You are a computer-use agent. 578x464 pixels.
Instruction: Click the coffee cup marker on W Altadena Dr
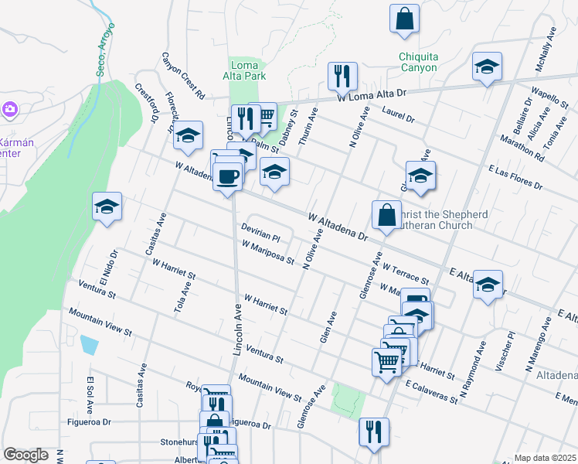point(227,177)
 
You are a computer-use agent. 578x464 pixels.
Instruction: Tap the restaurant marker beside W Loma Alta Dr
point(341,77)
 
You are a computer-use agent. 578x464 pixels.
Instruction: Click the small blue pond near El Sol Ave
point(89,344)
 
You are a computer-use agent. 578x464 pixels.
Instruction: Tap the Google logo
point(25,455)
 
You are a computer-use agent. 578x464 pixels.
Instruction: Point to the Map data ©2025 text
point(544,458)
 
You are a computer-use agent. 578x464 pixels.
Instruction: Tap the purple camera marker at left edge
point(9,109)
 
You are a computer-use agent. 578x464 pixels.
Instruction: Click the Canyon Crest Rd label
point(183,75)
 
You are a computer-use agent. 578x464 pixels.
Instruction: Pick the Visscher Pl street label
point(510,350)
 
